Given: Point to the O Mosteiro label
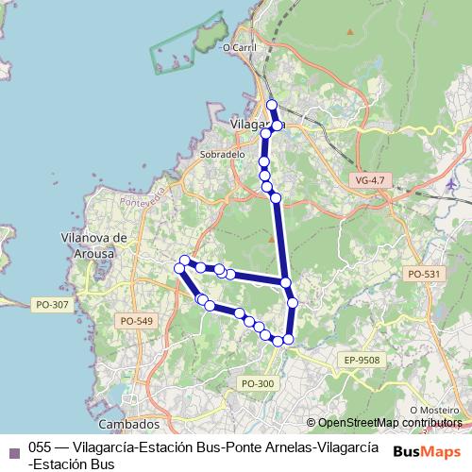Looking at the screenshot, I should [439, 410].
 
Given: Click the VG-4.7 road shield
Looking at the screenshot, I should [369, 179].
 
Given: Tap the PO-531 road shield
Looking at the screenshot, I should [423, 274].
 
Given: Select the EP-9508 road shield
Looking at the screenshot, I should [361, 360].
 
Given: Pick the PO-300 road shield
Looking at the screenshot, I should [258, 382].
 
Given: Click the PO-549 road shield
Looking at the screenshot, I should [136, 321].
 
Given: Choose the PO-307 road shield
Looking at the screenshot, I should [52, 305].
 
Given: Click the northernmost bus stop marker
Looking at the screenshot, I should [272, 105].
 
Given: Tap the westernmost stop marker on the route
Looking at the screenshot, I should [179, 269].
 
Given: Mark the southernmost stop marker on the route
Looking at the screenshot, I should [278, 341].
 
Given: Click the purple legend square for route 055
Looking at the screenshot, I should [13, 450].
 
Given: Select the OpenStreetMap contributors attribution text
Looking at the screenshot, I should [390, 423].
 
